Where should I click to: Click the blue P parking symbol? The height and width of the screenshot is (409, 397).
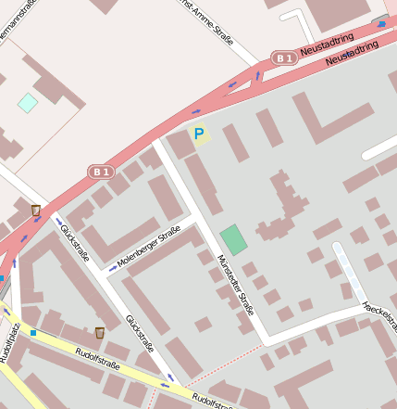[x=198, y=134]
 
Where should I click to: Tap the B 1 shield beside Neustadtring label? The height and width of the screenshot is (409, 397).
[x=284, y=58]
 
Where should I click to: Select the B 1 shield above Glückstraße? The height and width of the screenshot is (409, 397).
[x=101, y=172]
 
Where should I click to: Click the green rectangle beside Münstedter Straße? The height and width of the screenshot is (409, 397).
[x=234, y=239]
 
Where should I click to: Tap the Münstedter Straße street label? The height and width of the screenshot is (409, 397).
[x=235, y=285]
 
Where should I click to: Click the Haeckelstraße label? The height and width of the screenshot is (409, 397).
[x=380, y=314]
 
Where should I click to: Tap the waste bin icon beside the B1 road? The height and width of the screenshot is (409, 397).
[x=36, y=211]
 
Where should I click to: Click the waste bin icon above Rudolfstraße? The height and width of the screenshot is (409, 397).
[x=99, y=333]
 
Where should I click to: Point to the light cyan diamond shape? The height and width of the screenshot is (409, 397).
[x=28, y=102]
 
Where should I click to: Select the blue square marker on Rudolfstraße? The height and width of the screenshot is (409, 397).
[x=33, y=332]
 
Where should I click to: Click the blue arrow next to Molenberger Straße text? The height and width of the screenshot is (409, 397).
[x=113, y=268]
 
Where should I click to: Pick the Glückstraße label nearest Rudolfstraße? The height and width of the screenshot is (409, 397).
[x=140, y=334]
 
